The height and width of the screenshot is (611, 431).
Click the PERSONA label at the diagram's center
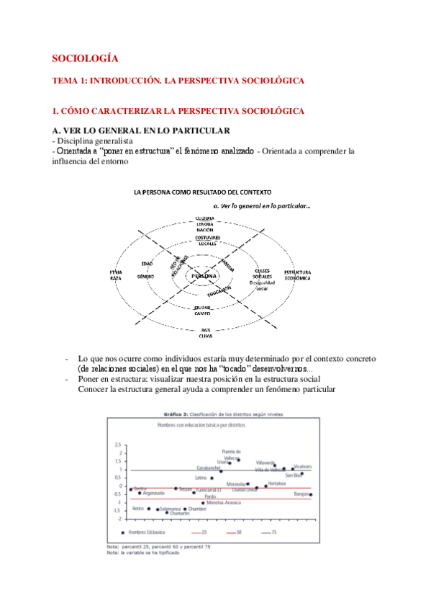pyautogui.click(x=204, y=276)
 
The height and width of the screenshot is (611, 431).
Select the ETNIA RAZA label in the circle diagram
pyautogui.click(x=116, y=275)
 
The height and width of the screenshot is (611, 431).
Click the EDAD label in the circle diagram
pyautogui.click(x=147, y=264)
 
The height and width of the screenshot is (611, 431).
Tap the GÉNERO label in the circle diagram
pyautogui.click(x=146, y=277)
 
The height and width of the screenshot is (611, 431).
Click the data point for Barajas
pyautogui.click(x=310, y=495)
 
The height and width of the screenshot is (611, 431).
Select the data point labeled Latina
pyautogui.click(x=212, y=478)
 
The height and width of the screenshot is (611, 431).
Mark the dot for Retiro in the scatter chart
pyautogui.click(x=149, y=509)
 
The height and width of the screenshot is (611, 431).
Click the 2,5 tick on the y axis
pyautogui.click(x=118, y=445)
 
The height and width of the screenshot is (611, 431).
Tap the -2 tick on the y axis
pyautogui.click(x=119, y=519)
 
